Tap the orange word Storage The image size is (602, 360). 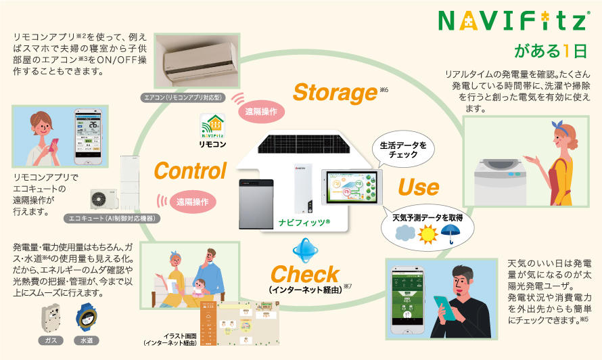(x=334, y=93)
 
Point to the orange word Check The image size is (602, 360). (x=304, y=274)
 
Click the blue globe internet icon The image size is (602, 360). (x=304, y=249)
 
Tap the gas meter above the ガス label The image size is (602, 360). (x=50, y=317)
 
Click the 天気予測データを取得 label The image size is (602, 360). (x=423, y=218)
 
